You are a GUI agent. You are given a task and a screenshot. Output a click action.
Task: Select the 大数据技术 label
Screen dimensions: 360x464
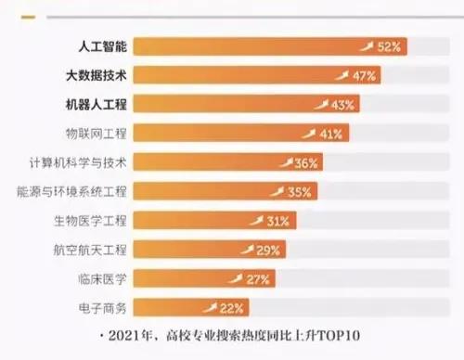(97, 74)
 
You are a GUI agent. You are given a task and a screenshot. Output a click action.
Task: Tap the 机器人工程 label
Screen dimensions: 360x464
(97, 104)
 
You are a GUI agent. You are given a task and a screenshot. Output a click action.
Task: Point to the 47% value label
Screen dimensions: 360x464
(364, 75)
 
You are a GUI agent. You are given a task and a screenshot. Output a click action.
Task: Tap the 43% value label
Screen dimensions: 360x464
(343, 104)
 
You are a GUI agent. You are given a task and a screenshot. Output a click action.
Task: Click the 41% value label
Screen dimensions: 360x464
(332, 134)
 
